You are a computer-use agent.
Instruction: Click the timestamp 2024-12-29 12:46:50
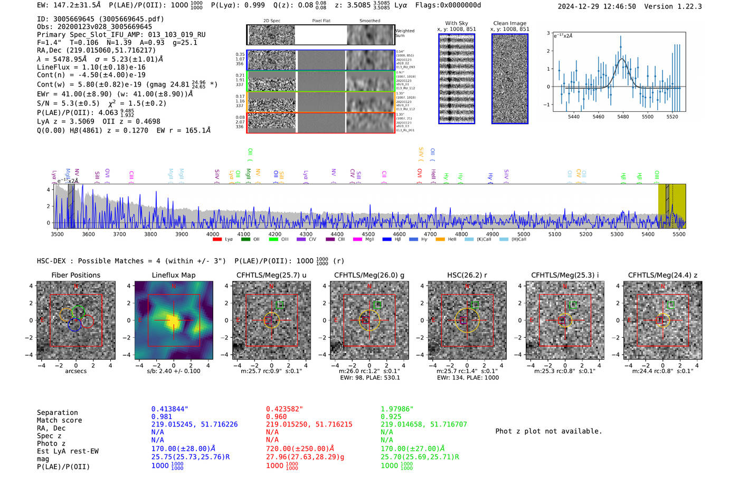click(x=596, y=7)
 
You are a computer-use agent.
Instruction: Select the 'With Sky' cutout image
click(x=457, y=79)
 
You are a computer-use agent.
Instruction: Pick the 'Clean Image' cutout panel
click(x=510, y=79)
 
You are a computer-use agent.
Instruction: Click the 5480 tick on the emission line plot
click(x=623, y=117)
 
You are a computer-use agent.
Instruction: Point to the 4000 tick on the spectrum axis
click(x=213, y=234)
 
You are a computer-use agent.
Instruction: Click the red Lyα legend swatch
click(x=217, y=240)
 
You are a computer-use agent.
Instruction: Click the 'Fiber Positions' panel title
click(x=75, y=275)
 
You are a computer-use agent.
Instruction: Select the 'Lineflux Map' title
click(x=174, y=275)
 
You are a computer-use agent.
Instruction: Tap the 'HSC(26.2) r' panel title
click(x=467, y=275)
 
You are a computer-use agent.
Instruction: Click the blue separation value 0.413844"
click(x=170, y=409)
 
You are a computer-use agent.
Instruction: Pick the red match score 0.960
click(x=277, y=416)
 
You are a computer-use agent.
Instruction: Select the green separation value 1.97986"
click(x=397, y=409)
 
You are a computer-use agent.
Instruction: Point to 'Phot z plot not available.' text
click(x=548, y=431)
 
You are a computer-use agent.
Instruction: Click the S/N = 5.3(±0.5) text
click(x=68, y=103)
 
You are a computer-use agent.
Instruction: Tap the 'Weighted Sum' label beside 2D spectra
click(x=404, y=33)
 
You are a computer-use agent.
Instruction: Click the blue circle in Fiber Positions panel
click(x=74, y=325)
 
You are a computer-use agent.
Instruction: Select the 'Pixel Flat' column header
click(x=321, y=21)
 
